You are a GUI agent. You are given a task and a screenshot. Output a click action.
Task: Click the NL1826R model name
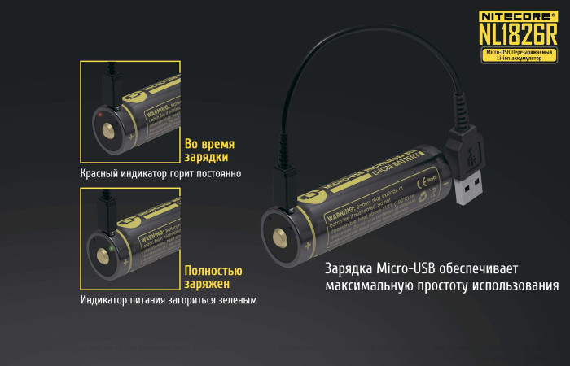coord(517,34)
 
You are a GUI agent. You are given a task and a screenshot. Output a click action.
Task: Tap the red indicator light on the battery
coord(99,115)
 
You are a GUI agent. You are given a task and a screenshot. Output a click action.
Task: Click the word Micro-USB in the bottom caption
coord(405,269)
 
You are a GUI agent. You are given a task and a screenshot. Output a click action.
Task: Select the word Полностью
coord(213,270)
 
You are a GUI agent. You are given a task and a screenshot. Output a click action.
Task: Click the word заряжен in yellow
coord(207,284)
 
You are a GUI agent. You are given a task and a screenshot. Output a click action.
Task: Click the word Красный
coord(103,173)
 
